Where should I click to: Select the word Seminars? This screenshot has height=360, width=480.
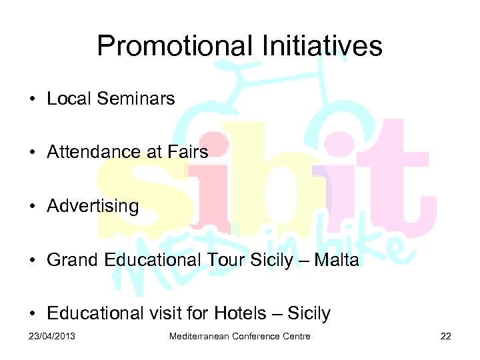(x=135, y=99)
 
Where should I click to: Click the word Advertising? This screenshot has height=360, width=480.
(x=93, y=207)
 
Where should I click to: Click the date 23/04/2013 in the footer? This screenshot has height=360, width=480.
(x=53, y=336)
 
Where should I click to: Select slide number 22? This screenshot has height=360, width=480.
(x=446, y=336)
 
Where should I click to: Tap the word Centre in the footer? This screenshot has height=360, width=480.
(x=296, y=336)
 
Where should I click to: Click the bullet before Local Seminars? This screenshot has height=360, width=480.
(x=32, y=99)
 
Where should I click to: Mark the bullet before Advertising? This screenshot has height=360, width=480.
(x=32, y=207)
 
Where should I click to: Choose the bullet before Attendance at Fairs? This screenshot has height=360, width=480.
(x=32, y=153)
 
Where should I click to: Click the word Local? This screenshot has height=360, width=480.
(x=69, y=99)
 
